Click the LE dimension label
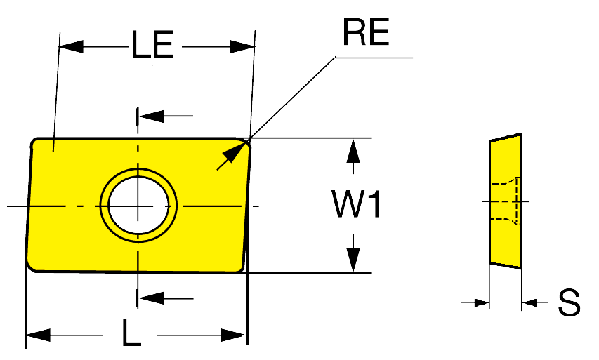coord(152,45)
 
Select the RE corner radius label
coord(366,32)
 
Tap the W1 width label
coord(356,204)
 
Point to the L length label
coord(131,333)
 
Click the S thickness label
coord(569,302)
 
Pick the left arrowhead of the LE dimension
coord(71,46)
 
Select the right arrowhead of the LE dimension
coord(242,46)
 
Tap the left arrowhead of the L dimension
coord(38,335)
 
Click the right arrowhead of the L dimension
coord(235,335)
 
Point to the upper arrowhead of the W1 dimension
coord(353,152)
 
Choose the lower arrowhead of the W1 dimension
coord(353,260)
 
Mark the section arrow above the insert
coord(165,116)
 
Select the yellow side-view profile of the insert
coord(505,201)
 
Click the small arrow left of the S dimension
coord(475,302)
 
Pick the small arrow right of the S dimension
coord(535,302)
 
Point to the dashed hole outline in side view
coord(505,201)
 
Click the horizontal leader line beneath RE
coord(374,58)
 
